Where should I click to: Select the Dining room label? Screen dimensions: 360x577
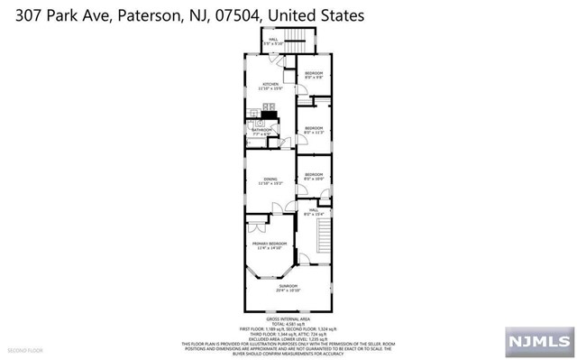268,180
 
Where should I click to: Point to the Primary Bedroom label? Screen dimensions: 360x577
270,245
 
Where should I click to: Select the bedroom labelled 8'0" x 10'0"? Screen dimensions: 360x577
314,175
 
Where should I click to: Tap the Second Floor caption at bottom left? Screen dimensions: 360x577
25,348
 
